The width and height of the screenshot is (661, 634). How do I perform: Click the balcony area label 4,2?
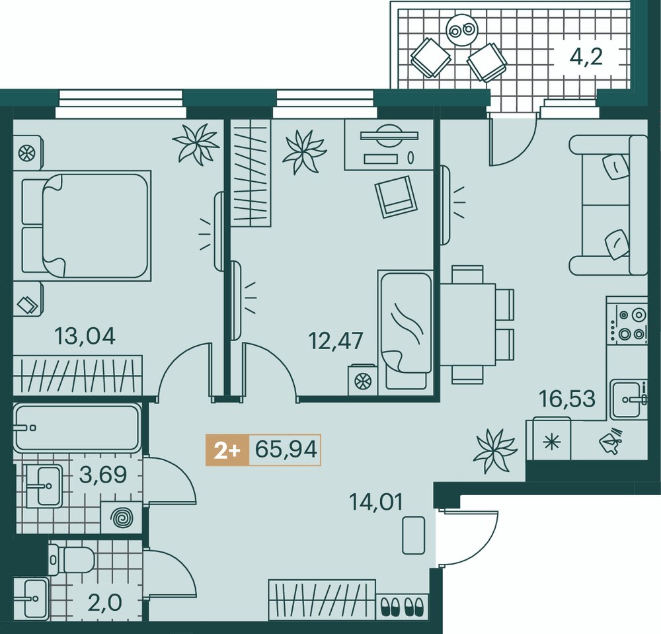tap(586, 57)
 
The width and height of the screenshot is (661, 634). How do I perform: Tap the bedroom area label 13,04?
tap(85, 337)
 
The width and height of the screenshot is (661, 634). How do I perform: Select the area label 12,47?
tap(336, 340)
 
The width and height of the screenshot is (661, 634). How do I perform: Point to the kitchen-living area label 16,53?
tap(568, 399)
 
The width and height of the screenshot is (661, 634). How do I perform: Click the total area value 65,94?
tap(286, 450)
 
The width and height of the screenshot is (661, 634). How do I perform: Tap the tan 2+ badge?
tap(227, 450)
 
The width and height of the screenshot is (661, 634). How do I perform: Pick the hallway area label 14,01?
tap(376, 502)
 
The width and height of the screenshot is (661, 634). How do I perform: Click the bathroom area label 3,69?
tap(103, 475)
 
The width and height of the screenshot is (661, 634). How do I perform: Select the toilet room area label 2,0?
tap(105, 603)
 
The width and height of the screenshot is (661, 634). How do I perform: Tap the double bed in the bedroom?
tap(86, 226)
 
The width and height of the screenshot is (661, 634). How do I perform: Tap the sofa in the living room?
tap(608, 205)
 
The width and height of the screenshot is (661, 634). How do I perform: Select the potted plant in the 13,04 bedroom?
tap(196, 143)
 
